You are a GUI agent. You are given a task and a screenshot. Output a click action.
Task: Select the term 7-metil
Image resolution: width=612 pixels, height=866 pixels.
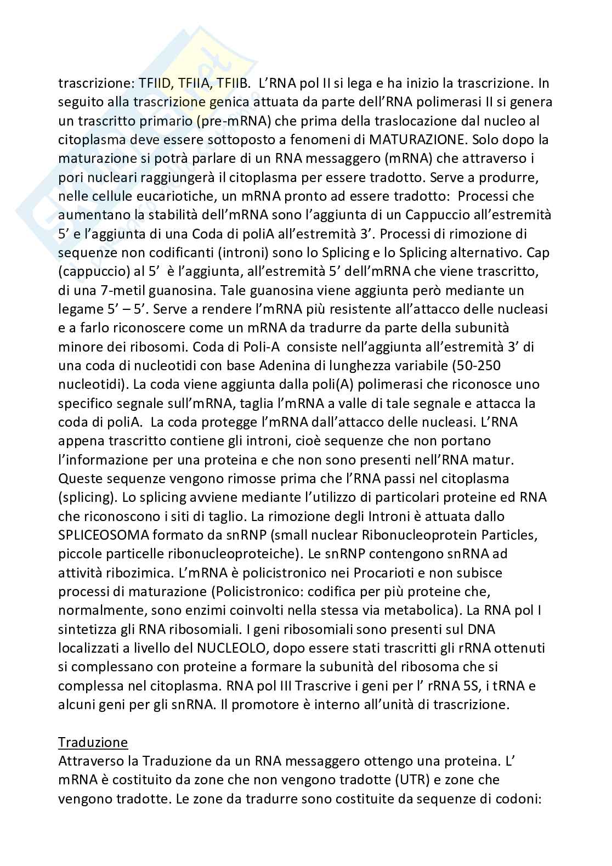[x=110, y=289]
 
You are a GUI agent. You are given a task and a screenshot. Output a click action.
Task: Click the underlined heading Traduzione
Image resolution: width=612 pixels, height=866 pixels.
[x=93, y=743]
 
